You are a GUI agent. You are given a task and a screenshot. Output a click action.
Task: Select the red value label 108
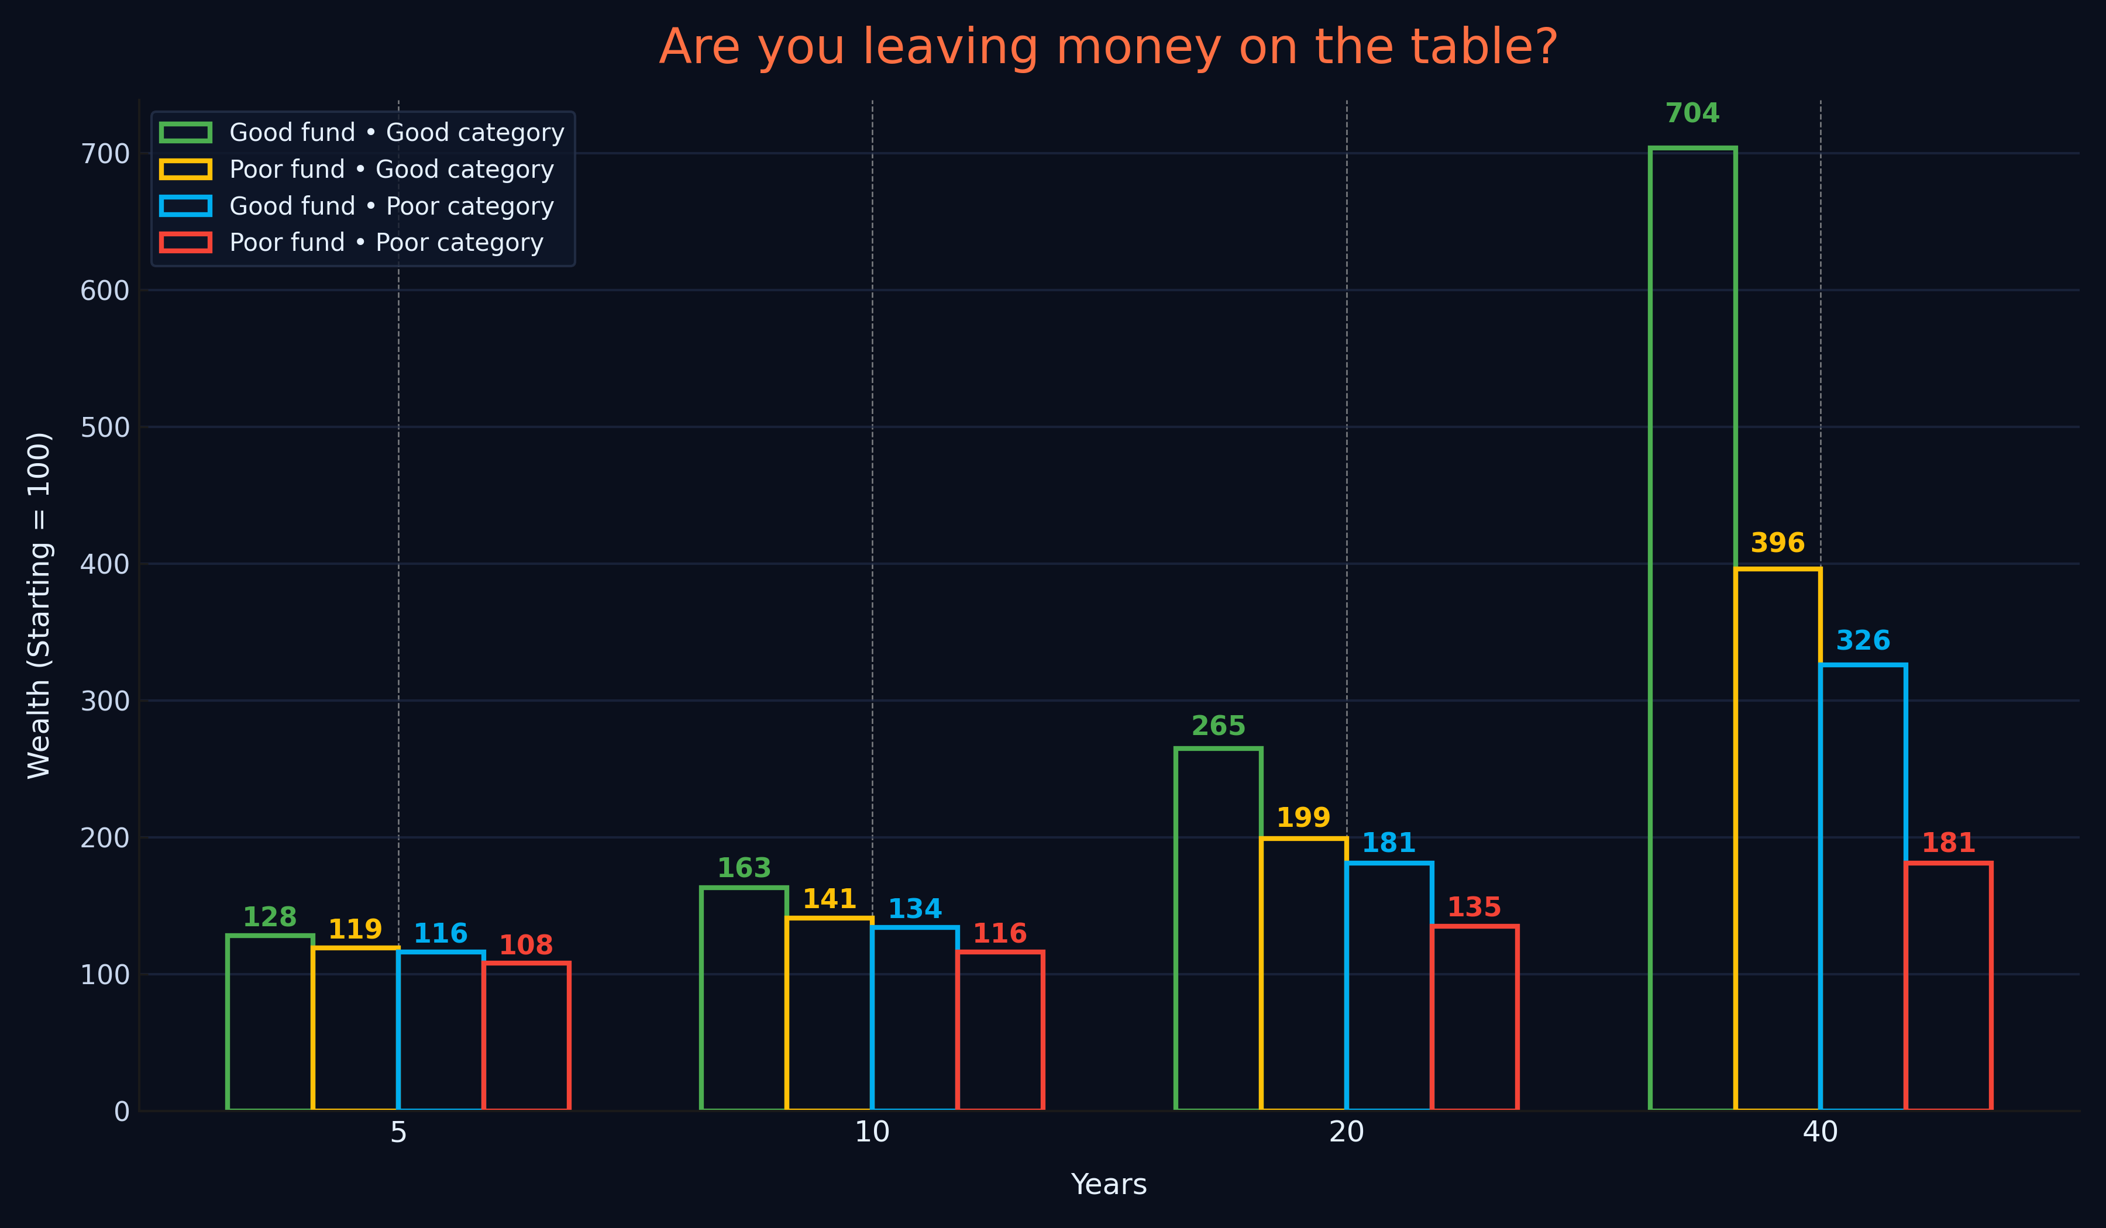[526, 945]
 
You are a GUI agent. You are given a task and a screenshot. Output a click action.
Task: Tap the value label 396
[1778, 543]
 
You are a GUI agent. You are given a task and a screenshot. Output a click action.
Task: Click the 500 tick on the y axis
[105, 427]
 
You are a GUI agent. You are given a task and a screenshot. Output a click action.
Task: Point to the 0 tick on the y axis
[121, 1111]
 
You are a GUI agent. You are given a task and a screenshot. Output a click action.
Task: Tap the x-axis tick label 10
[872, 1133]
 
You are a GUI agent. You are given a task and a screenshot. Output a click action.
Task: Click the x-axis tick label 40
[1820, 1133]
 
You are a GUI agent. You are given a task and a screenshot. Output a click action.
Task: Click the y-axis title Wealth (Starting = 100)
[39, 606]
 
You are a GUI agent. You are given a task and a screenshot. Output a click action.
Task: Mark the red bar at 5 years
[526, 1036]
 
